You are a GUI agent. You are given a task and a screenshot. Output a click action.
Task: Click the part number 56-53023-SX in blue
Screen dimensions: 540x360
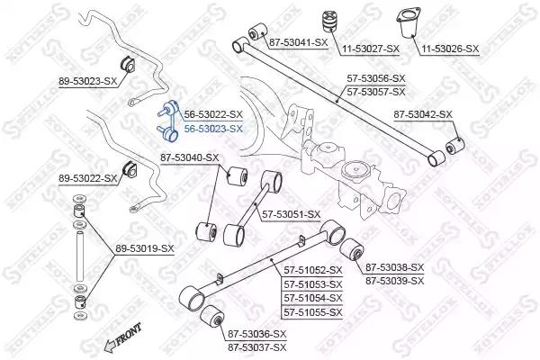213,130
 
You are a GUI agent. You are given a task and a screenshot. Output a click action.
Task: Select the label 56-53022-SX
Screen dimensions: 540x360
213,114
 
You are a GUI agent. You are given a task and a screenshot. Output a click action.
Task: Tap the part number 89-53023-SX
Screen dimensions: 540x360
88,82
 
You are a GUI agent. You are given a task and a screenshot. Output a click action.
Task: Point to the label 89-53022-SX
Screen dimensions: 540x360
88,179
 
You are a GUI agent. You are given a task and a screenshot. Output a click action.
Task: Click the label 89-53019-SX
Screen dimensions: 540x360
145,248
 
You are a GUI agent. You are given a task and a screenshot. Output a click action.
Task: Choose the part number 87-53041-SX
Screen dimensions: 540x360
298,42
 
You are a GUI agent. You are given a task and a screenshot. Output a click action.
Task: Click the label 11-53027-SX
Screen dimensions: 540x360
371,49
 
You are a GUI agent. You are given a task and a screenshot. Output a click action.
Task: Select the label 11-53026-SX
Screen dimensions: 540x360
450,49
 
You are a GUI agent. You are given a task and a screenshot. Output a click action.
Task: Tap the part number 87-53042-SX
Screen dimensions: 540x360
423,114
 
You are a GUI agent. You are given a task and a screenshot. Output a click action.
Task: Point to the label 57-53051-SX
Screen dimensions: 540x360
292,214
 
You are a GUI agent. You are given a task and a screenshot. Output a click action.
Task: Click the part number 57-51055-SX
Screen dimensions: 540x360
313,313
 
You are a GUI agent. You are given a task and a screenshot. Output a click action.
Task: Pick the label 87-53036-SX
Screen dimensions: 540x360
256,334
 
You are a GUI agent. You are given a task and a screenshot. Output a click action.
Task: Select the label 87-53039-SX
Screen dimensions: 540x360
395,281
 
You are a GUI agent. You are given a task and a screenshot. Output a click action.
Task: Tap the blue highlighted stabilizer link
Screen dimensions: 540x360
168,121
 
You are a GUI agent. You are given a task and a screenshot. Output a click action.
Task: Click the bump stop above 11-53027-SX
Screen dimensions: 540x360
328,22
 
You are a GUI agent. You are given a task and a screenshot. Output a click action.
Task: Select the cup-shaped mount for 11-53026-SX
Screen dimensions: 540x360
408,23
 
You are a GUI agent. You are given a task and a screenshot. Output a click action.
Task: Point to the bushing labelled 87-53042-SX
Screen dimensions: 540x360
454,146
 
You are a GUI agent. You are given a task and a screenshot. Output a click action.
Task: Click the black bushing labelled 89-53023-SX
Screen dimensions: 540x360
128,64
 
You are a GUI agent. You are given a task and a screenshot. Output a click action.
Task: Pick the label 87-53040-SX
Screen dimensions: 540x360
189,158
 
